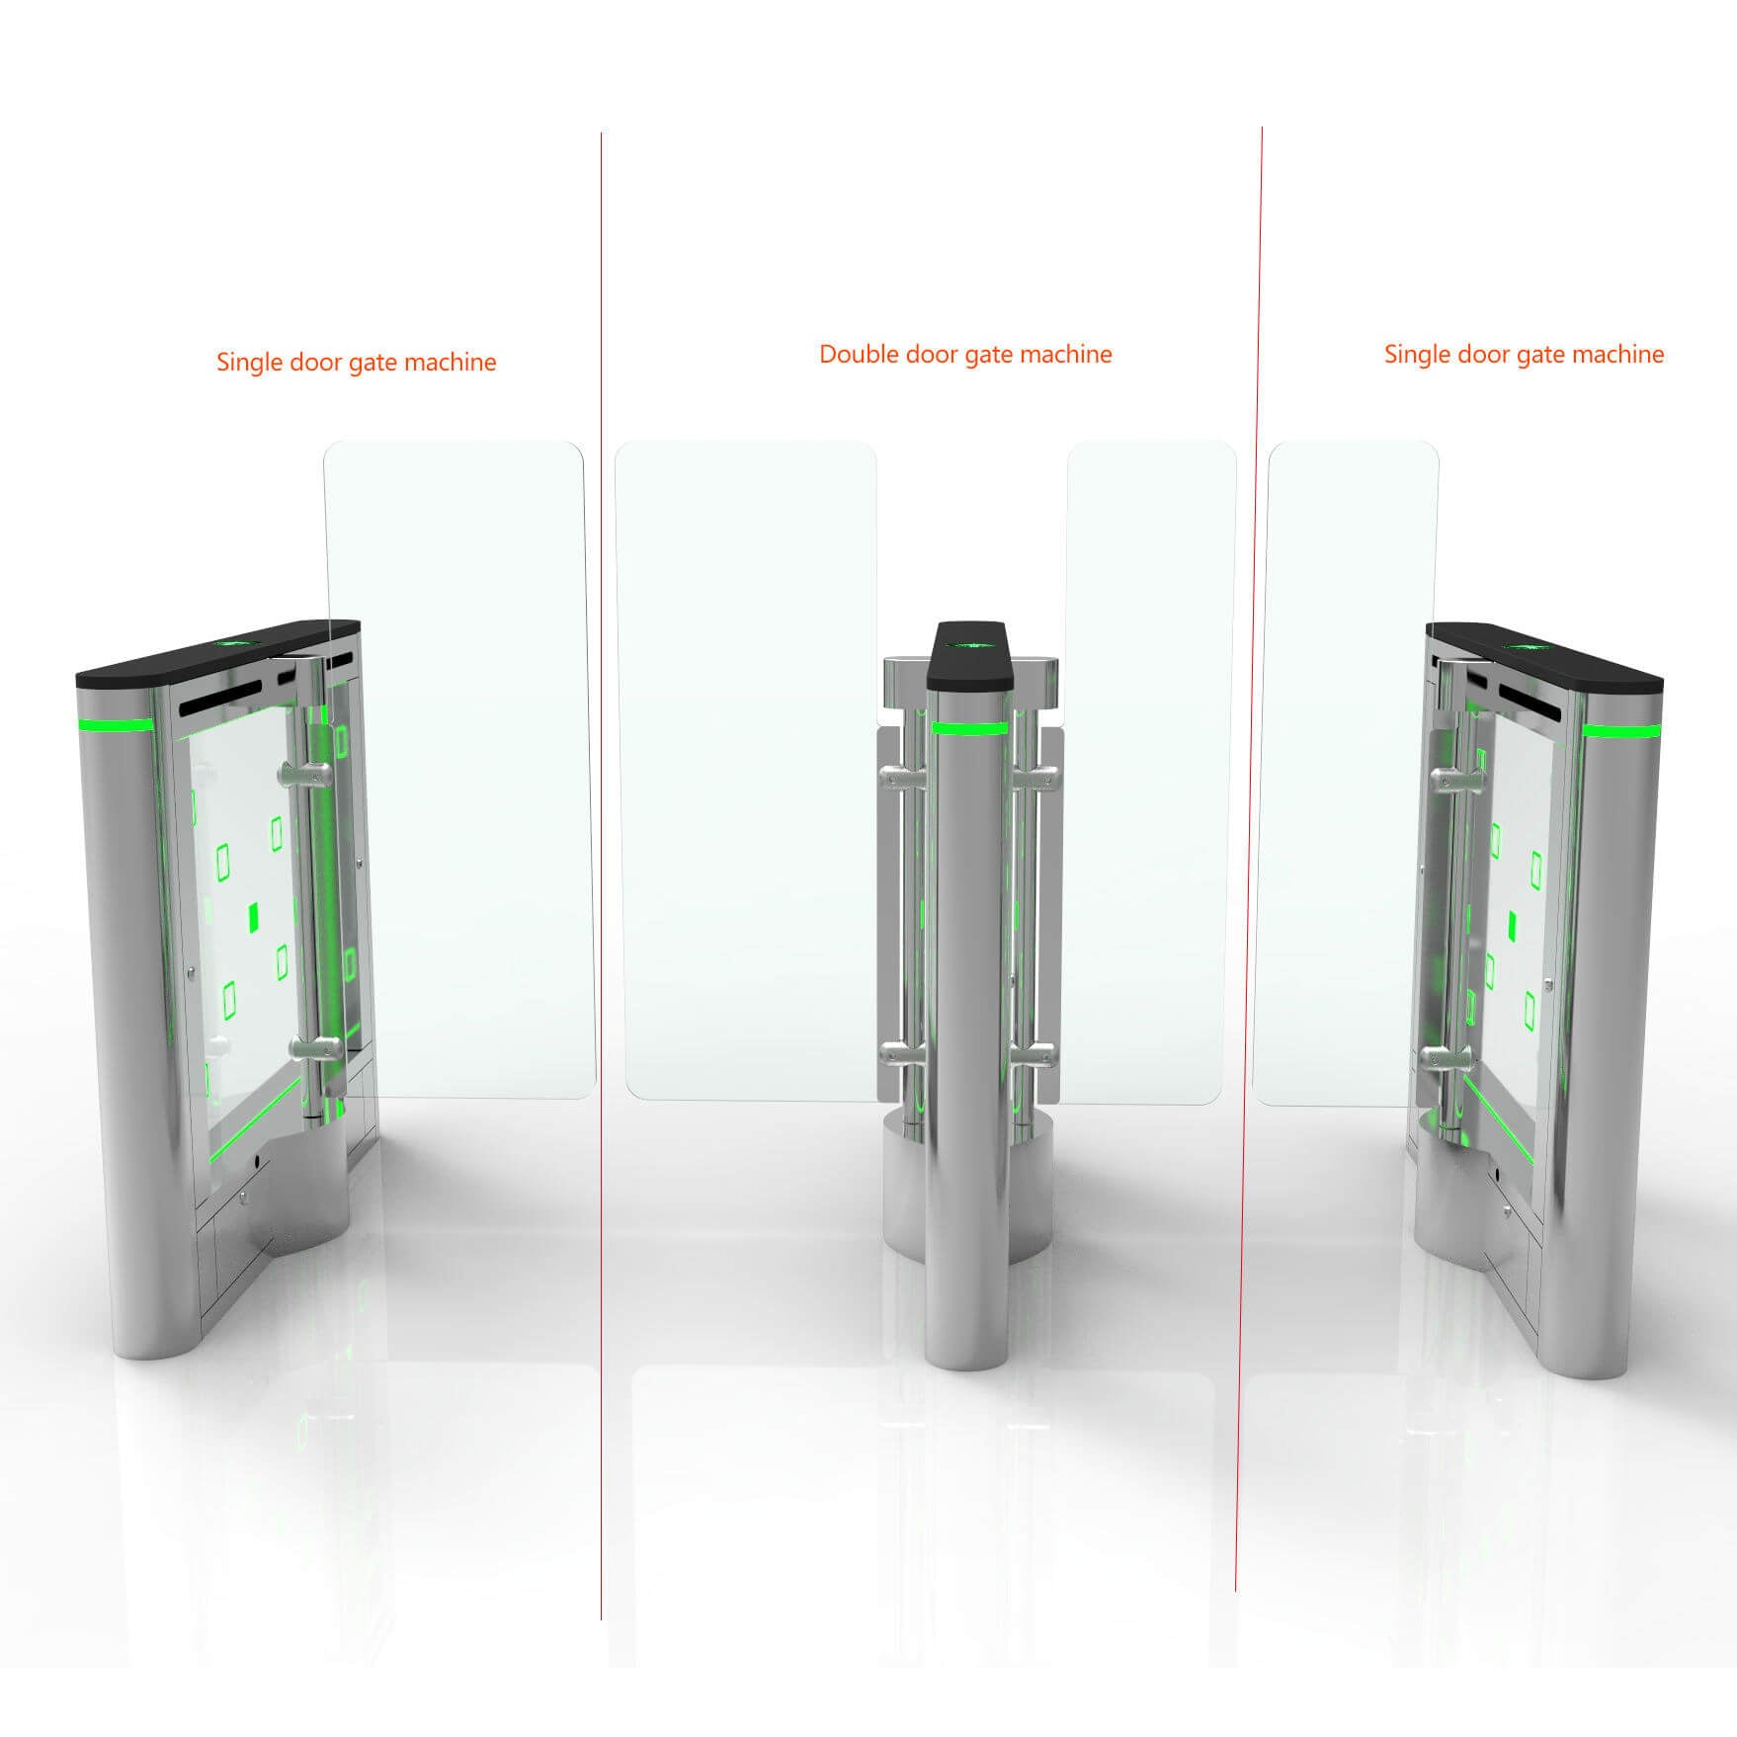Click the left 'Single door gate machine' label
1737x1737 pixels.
356,362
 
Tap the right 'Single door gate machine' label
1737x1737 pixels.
1523,354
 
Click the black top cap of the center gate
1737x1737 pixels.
969,657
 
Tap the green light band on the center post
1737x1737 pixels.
969,729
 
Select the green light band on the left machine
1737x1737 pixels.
117,724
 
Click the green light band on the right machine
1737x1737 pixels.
1620,731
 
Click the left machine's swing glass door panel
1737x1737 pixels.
459,771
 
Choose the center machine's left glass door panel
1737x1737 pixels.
746,771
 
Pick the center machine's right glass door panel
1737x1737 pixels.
1151,771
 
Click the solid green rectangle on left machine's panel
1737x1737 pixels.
254,917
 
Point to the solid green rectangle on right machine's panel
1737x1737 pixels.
1512,925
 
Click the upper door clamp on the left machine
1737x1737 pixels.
306,774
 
